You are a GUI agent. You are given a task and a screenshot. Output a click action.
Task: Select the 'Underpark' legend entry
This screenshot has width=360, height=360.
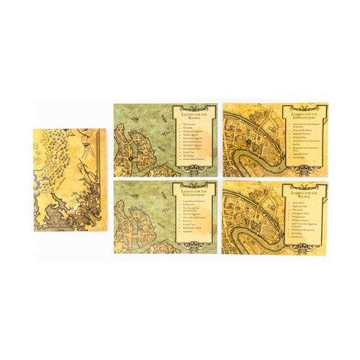(x=190, y=207)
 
